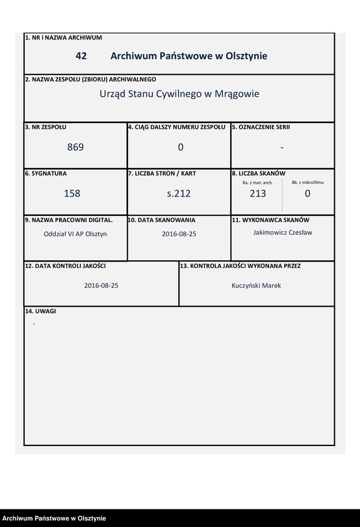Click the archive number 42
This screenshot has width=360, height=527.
[81, 56]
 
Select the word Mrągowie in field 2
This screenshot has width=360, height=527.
[236, 94]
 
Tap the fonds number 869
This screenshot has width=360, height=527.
[75, 147]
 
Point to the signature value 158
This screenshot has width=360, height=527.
[72, 194]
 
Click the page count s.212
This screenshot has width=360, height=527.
[179, 194]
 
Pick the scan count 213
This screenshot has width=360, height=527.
[257, 194]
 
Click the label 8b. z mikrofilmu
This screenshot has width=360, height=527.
[307, 182]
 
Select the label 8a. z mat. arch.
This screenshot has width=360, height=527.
[257, 183]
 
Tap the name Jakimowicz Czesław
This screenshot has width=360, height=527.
[282, 232]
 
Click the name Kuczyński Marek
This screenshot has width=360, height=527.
[257, 285]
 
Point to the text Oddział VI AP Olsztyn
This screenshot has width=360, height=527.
[71, 233]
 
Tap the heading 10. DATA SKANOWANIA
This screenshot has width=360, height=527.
[162, 220]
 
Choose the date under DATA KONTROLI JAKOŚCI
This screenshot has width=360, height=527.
[101, 285]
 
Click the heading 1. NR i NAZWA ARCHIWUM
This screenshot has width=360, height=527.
[63, 38]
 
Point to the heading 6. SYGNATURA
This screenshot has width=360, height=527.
[46, 173]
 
